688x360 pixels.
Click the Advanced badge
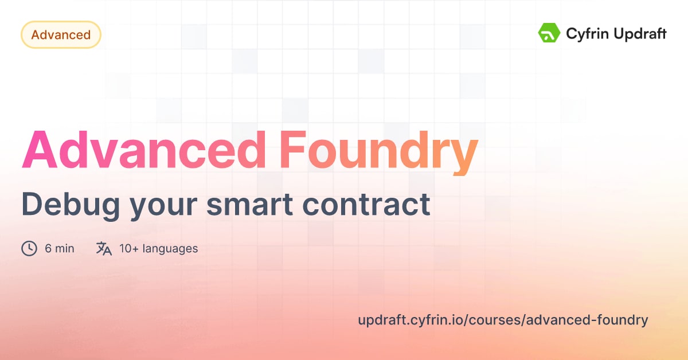[x=61, y=35]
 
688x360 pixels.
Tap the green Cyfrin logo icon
[x=549, y=33]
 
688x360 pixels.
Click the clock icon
[x=29, y=248]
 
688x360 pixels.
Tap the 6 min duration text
[x=60, y=248]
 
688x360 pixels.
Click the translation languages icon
[x=104, y=248]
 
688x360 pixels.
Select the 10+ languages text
[x=158, y=248]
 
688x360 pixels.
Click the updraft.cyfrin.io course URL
[x=503, y=320]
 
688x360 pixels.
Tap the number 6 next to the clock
[x=48, y=248]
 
